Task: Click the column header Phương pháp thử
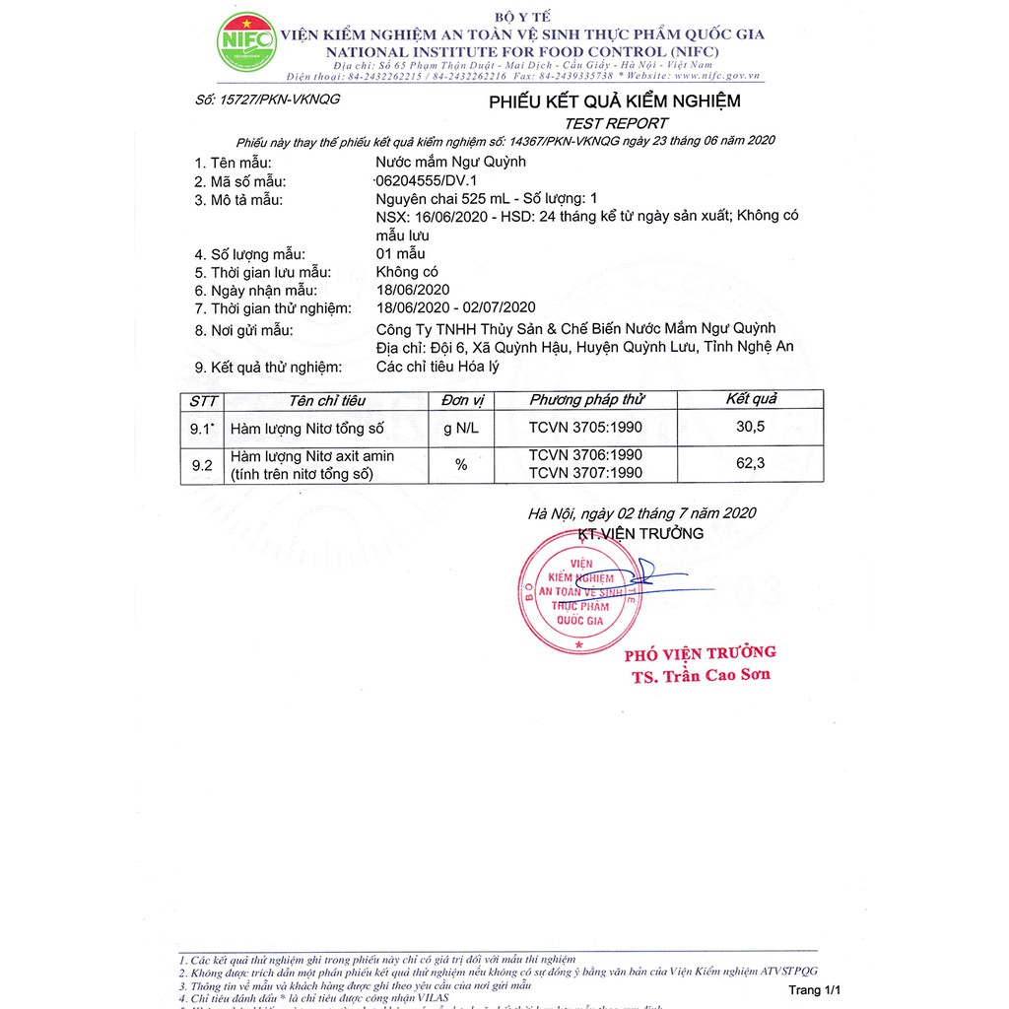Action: click(x=586, y=400)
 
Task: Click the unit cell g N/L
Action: click(x=461, y=428)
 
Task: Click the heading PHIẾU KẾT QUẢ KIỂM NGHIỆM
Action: click(x=615, y=101)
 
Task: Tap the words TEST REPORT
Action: click(x=615, y=123)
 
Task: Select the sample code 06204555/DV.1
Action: click(x=426, y=181)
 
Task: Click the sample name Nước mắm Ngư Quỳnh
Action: click(x=451, y=162)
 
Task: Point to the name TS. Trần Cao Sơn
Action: click(x=702, y=675)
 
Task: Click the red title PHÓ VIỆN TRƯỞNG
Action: click(x=700, y=653)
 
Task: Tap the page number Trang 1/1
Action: click(x=816, y=989)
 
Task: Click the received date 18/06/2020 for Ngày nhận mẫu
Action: click(x=413, y=290)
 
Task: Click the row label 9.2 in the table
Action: click(x=202, y=465)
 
